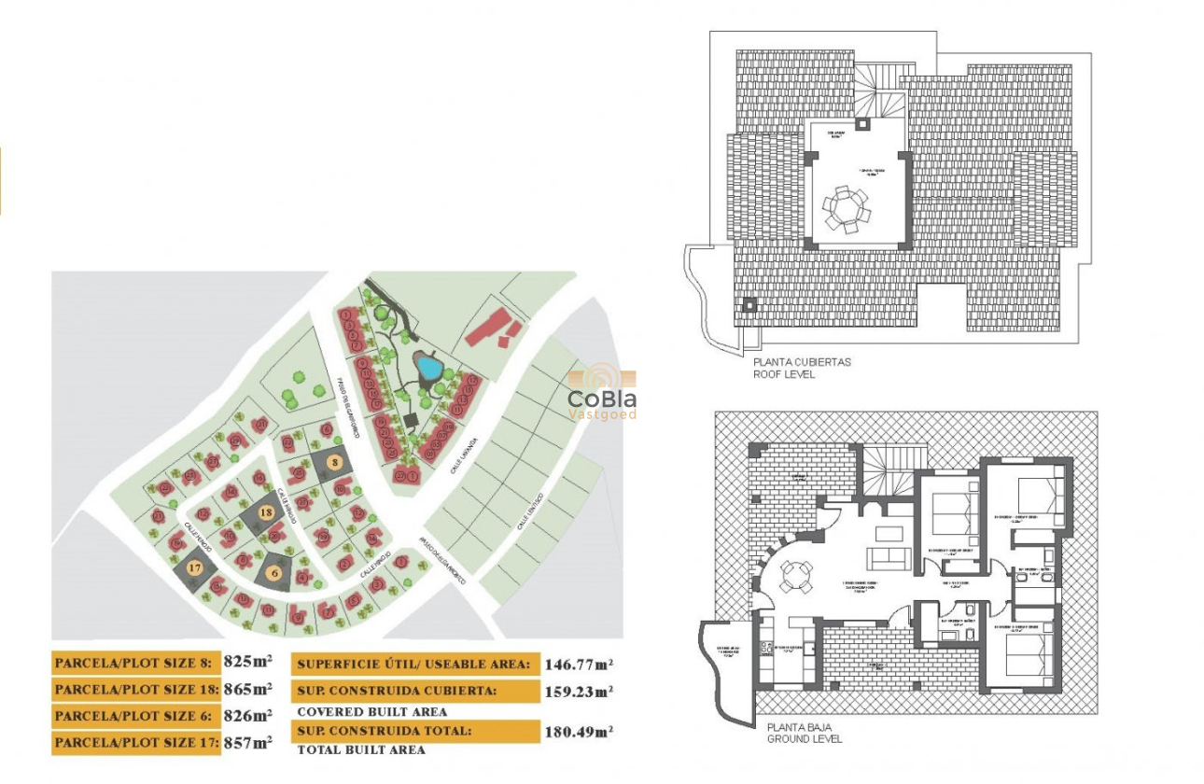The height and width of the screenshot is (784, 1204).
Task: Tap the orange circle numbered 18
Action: pos(266,512)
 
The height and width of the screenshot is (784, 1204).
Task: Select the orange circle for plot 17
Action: pos(194,567)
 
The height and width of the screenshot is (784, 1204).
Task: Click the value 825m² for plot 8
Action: pos(248,662)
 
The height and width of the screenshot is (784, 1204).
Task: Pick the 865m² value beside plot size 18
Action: pos(248,689)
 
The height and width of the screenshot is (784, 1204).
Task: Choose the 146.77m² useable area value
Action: pos(579,665)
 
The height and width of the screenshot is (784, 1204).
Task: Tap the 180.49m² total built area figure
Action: pos(579,732)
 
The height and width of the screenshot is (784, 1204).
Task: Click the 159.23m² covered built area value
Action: pos(579,692)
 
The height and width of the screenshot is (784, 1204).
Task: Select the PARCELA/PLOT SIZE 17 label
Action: pos(136,743)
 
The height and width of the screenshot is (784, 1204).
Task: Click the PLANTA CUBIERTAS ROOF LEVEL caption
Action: pos(802,368)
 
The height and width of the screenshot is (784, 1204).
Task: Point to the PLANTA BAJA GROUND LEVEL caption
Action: pos(804,733)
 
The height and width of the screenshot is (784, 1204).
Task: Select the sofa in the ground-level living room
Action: pos(887,559)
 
